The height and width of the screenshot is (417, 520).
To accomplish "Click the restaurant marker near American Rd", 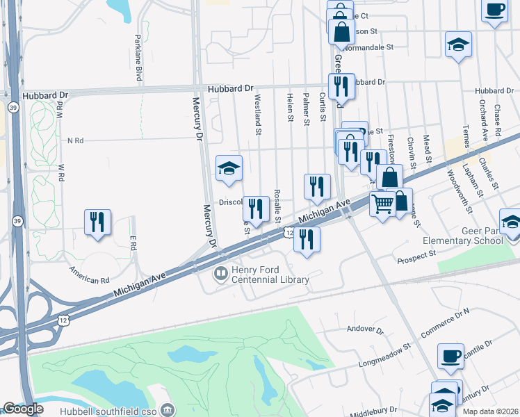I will coord(97,223).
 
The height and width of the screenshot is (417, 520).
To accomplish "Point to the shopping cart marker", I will coord(382,204).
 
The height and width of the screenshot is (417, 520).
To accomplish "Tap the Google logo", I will coord(22,409).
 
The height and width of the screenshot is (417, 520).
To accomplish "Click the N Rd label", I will coord(75,140).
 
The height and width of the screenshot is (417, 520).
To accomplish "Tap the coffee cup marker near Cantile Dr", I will coord(450,356).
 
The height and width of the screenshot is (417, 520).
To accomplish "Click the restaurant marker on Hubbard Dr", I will coord(341,87).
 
